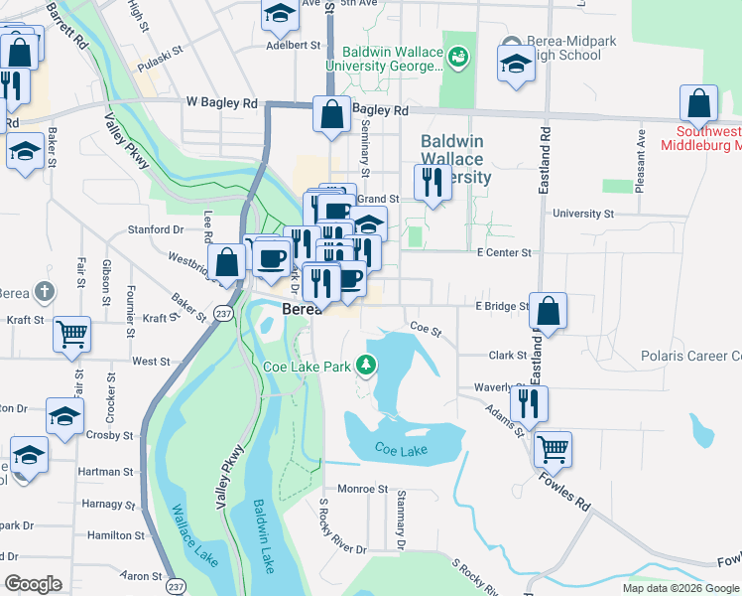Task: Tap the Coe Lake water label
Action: point(401,450)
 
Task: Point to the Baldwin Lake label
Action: point(262,526)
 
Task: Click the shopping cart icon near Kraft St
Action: point(72,335)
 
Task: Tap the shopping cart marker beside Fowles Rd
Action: point(553,448)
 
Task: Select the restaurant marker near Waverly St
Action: point(529,402)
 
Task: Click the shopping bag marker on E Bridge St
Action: point(548,310)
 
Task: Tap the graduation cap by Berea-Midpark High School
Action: point(513,67)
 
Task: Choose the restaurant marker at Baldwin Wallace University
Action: point(432,182)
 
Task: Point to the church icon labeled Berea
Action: point(43,291)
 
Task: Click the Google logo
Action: point(33,584)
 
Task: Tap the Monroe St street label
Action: point(362,489)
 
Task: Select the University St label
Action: point(583,214)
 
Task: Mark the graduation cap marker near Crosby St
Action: point(64,415)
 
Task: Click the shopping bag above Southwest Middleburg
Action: point(698,103)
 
